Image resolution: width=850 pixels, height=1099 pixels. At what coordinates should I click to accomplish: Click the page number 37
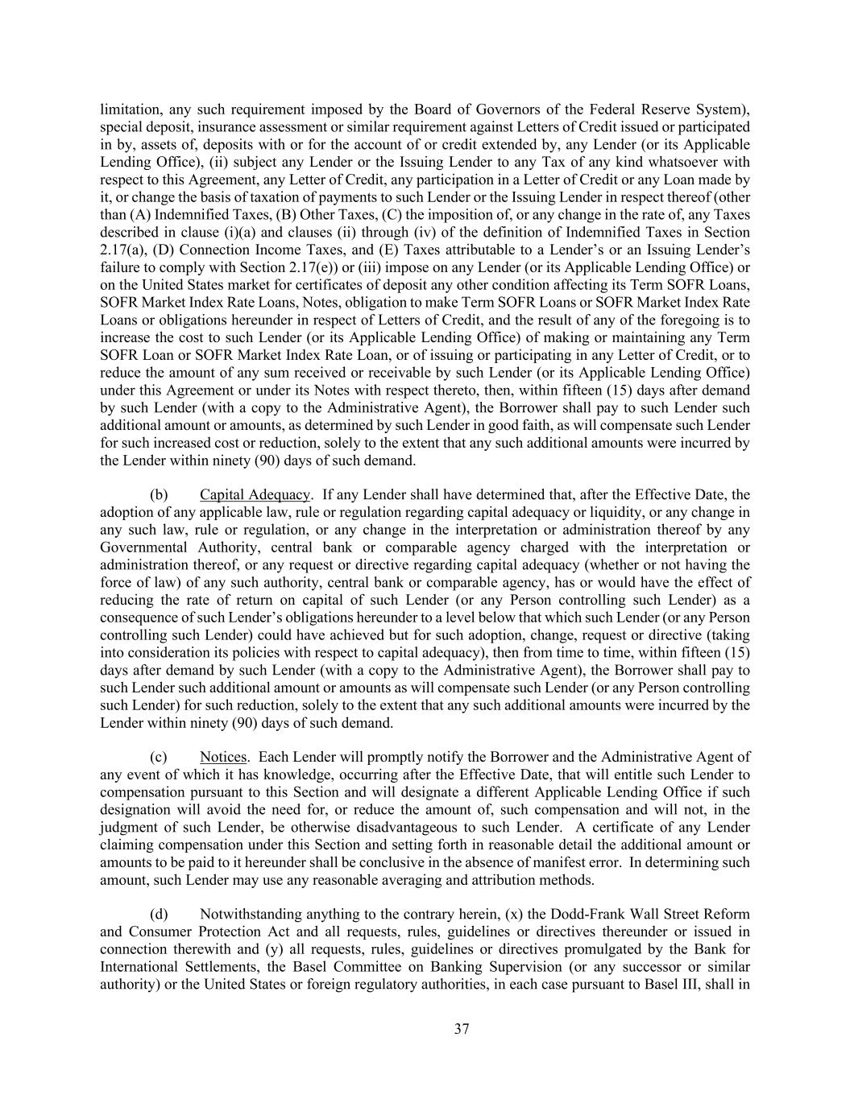tap(462, 1029)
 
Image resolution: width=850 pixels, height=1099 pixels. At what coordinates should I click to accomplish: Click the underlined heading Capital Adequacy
tap(255, 494)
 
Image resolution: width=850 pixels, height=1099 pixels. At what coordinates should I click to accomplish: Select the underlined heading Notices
tap(223, 757)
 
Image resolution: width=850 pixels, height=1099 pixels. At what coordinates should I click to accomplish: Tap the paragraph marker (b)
tap(159, 494)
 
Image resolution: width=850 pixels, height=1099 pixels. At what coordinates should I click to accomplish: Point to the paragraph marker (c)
tap(159, 757)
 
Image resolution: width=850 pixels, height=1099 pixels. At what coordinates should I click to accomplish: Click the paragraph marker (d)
tap(159, 914)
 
